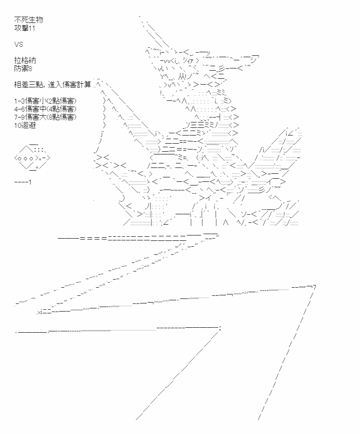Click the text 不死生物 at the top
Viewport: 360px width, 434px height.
coord(28,20)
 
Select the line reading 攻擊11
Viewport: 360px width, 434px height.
coord(25,28)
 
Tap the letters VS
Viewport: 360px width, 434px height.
coord(19,44)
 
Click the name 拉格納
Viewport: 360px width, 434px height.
coord(25,60)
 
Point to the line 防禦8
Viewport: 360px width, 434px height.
coord(23,68)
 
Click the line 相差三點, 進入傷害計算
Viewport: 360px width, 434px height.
coord(53,85)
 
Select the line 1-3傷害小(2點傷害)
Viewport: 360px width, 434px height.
coord(45,101)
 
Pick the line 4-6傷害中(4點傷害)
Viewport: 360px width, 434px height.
coord(45,109)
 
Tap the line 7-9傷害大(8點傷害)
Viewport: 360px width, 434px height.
coord(45,117)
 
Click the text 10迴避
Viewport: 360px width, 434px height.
coord(25,125)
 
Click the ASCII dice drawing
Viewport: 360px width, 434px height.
coord(32,158)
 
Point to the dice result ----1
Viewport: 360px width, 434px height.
coord(22,182)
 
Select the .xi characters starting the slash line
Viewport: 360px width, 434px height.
coord(40,313)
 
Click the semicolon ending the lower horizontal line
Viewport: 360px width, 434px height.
coord(220,329)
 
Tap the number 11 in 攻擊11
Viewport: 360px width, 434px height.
coord(32,28)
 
